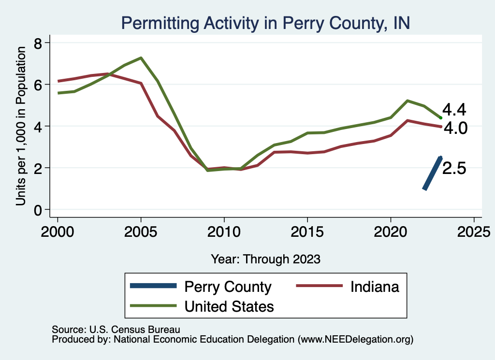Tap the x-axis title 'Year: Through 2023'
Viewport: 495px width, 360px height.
(265, 259)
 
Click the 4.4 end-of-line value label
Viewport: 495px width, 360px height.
(454, 110)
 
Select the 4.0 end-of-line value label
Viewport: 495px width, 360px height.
(454, 128)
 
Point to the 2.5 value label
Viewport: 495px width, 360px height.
(454, 169)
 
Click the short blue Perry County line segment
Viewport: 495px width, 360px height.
(432, 173)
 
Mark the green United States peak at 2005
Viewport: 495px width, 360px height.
(141, 58)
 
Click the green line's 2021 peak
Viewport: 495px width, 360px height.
(408, 101)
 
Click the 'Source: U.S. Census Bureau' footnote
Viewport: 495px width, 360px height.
(116, 330)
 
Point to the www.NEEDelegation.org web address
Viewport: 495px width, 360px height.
(355, 339)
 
